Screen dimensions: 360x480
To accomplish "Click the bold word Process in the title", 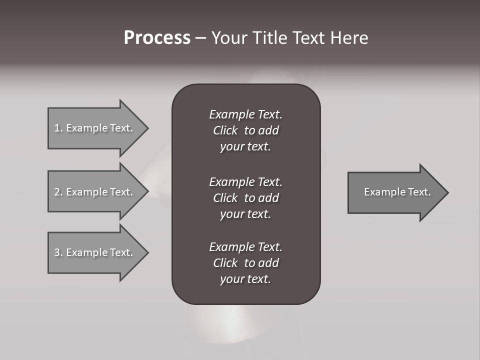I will point(157,38).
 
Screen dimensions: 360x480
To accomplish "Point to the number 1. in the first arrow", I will point(58,128).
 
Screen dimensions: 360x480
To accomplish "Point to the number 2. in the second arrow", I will point(58,192).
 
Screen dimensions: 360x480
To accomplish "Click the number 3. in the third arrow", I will point(58,252).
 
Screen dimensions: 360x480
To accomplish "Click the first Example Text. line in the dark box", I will point(245,114).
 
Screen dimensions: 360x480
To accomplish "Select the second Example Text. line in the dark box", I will point(245,181).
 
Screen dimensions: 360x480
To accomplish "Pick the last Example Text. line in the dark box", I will point(245,247).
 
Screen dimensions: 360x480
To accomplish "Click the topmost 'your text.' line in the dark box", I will point(245,147).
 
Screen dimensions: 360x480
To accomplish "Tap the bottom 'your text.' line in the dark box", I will point(245,279).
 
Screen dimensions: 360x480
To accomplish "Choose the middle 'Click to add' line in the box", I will point(245,198).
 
